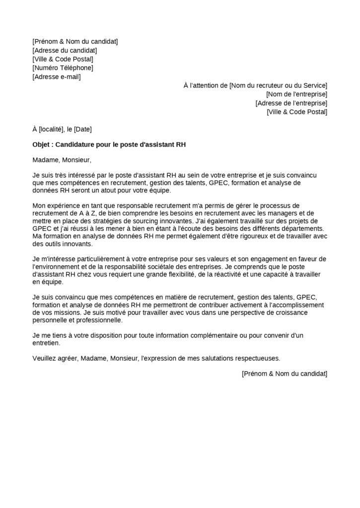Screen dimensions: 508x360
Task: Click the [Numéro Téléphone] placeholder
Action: tap(63, 68)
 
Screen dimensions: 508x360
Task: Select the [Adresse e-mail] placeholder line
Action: tap(56, 77)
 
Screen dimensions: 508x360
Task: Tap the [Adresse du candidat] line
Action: tap(65, 50)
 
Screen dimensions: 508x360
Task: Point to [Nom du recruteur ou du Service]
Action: tap(278, 85)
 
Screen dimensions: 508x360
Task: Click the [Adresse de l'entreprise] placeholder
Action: tap(291, 103)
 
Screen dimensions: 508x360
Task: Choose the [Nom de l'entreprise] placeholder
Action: tap(296, 94)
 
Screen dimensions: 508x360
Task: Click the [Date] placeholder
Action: tap(83, 129)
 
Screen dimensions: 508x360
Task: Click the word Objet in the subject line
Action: tap(42, 145)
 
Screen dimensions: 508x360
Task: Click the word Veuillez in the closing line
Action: tap(44, 358)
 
